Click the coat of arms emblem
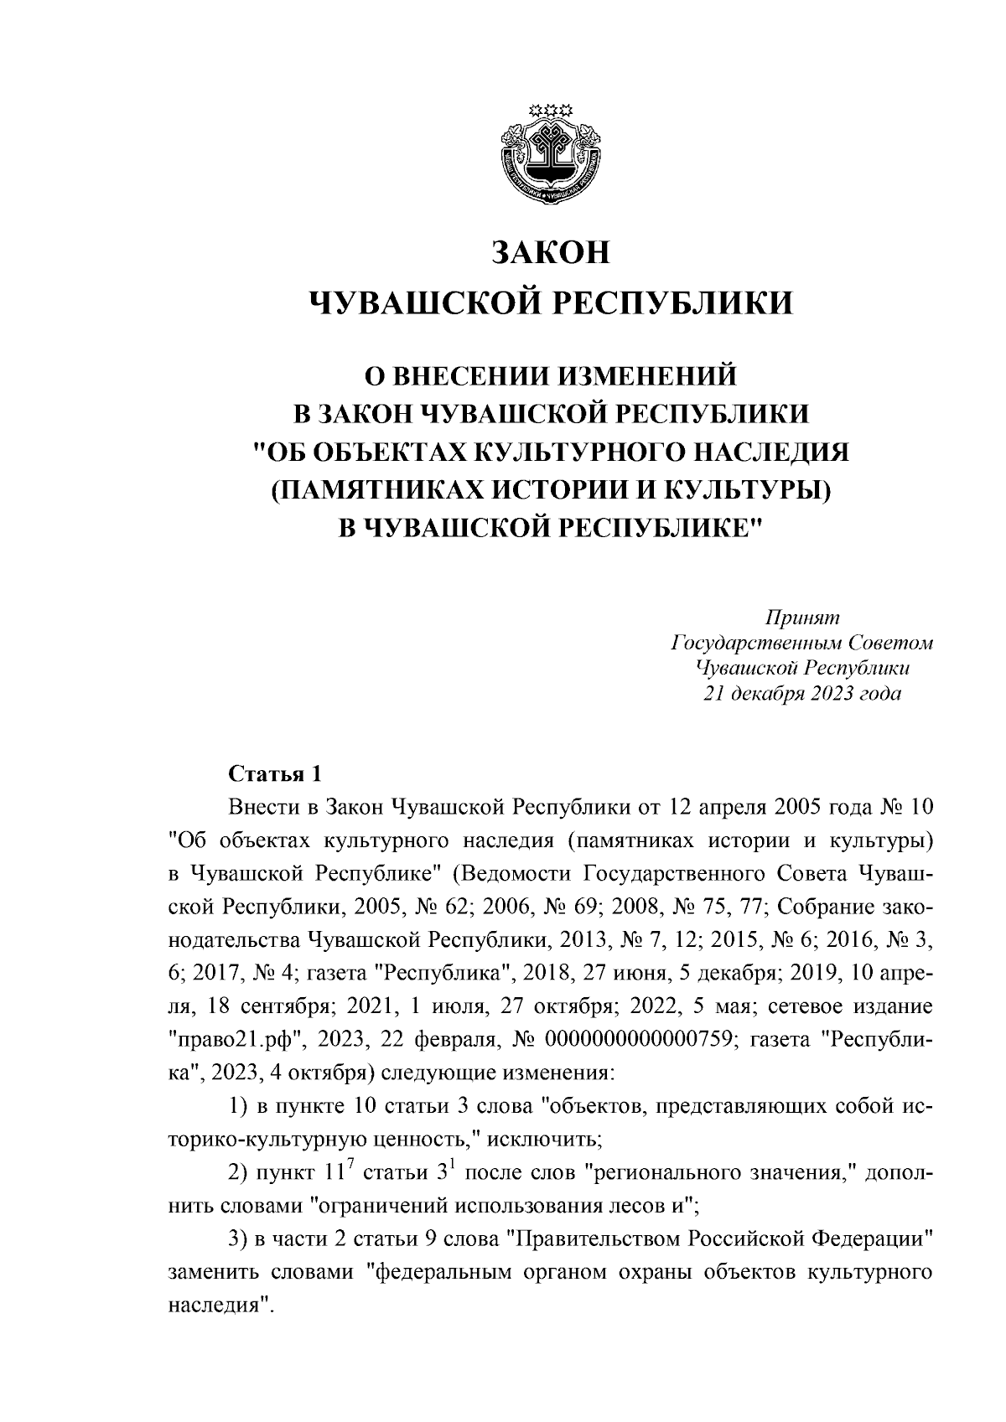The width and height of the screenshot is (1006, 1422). point(552,153)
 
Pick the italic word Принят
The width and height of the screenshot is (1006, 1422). point(801,618)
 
